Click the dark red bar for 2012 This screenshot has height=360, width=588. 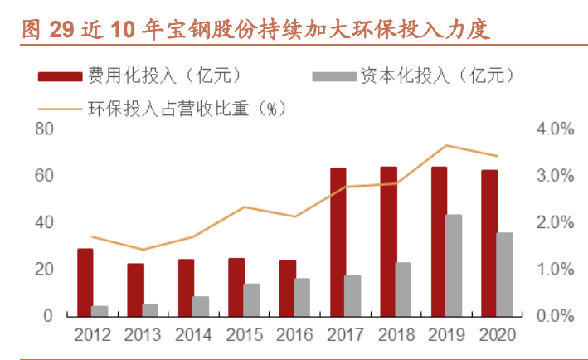(85, 282)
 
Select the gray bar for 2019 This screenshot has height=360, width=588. (454, 265)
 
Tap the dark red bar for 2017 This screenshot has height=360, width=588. (338, 241)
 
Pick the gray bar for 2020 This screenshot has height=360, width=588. (504, 275)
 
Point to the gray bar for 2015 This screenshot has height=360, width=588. (251, 299)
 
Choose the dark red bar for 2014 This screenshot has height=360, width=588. (186, 287)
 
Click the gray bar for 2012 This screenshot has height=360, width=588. (100, 311)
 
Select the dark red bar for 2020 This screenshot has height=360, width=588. (489, 243)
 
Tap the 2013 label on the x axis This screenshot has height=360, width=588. (143, 335)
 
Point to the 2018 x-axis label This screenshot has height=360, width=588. (397, 335)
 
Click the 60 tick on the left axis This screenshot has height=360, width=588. (44, 176)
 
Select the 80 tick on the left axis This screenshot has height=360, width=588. (44, 129)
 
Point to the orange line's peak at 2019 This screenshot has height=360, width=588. (446, 145)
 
